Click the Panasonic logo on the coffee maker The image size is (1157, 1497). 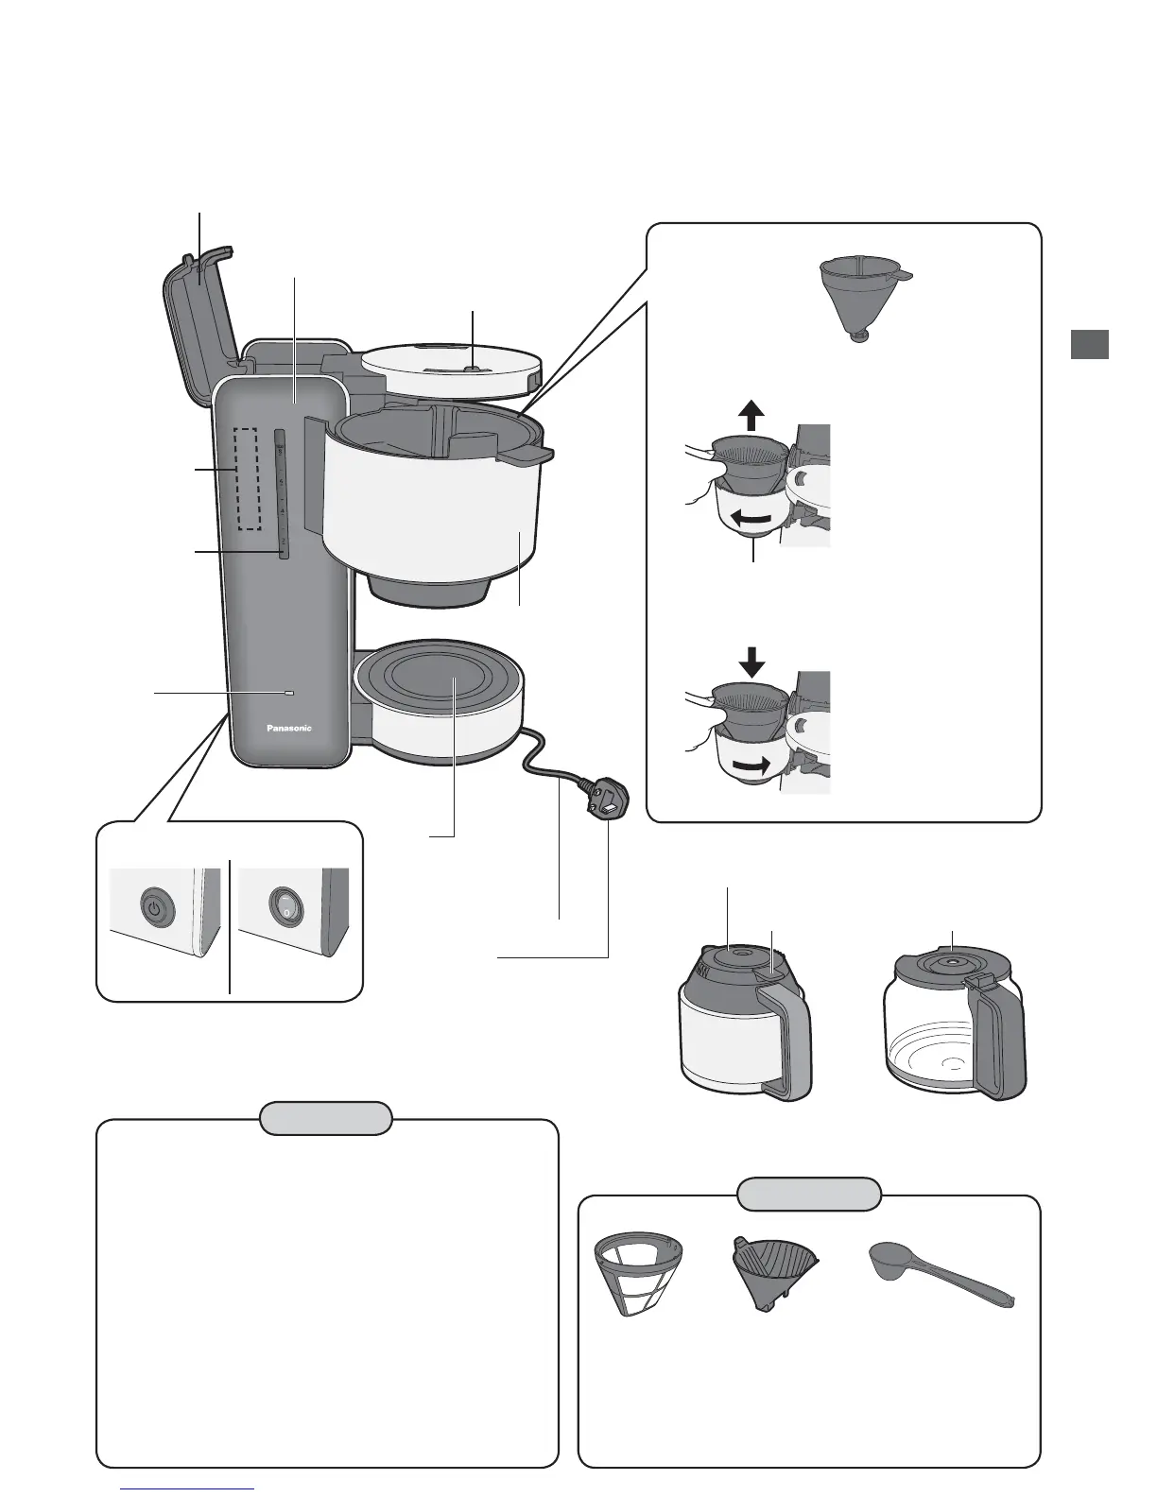(x=285, y=728)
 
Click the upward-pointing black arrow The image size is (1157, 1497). (x=751, y=415)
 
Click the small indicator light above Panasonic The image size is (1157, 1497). (x=288, y=694)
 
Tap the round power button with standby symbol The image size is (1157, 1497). (x=153, y=909)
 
